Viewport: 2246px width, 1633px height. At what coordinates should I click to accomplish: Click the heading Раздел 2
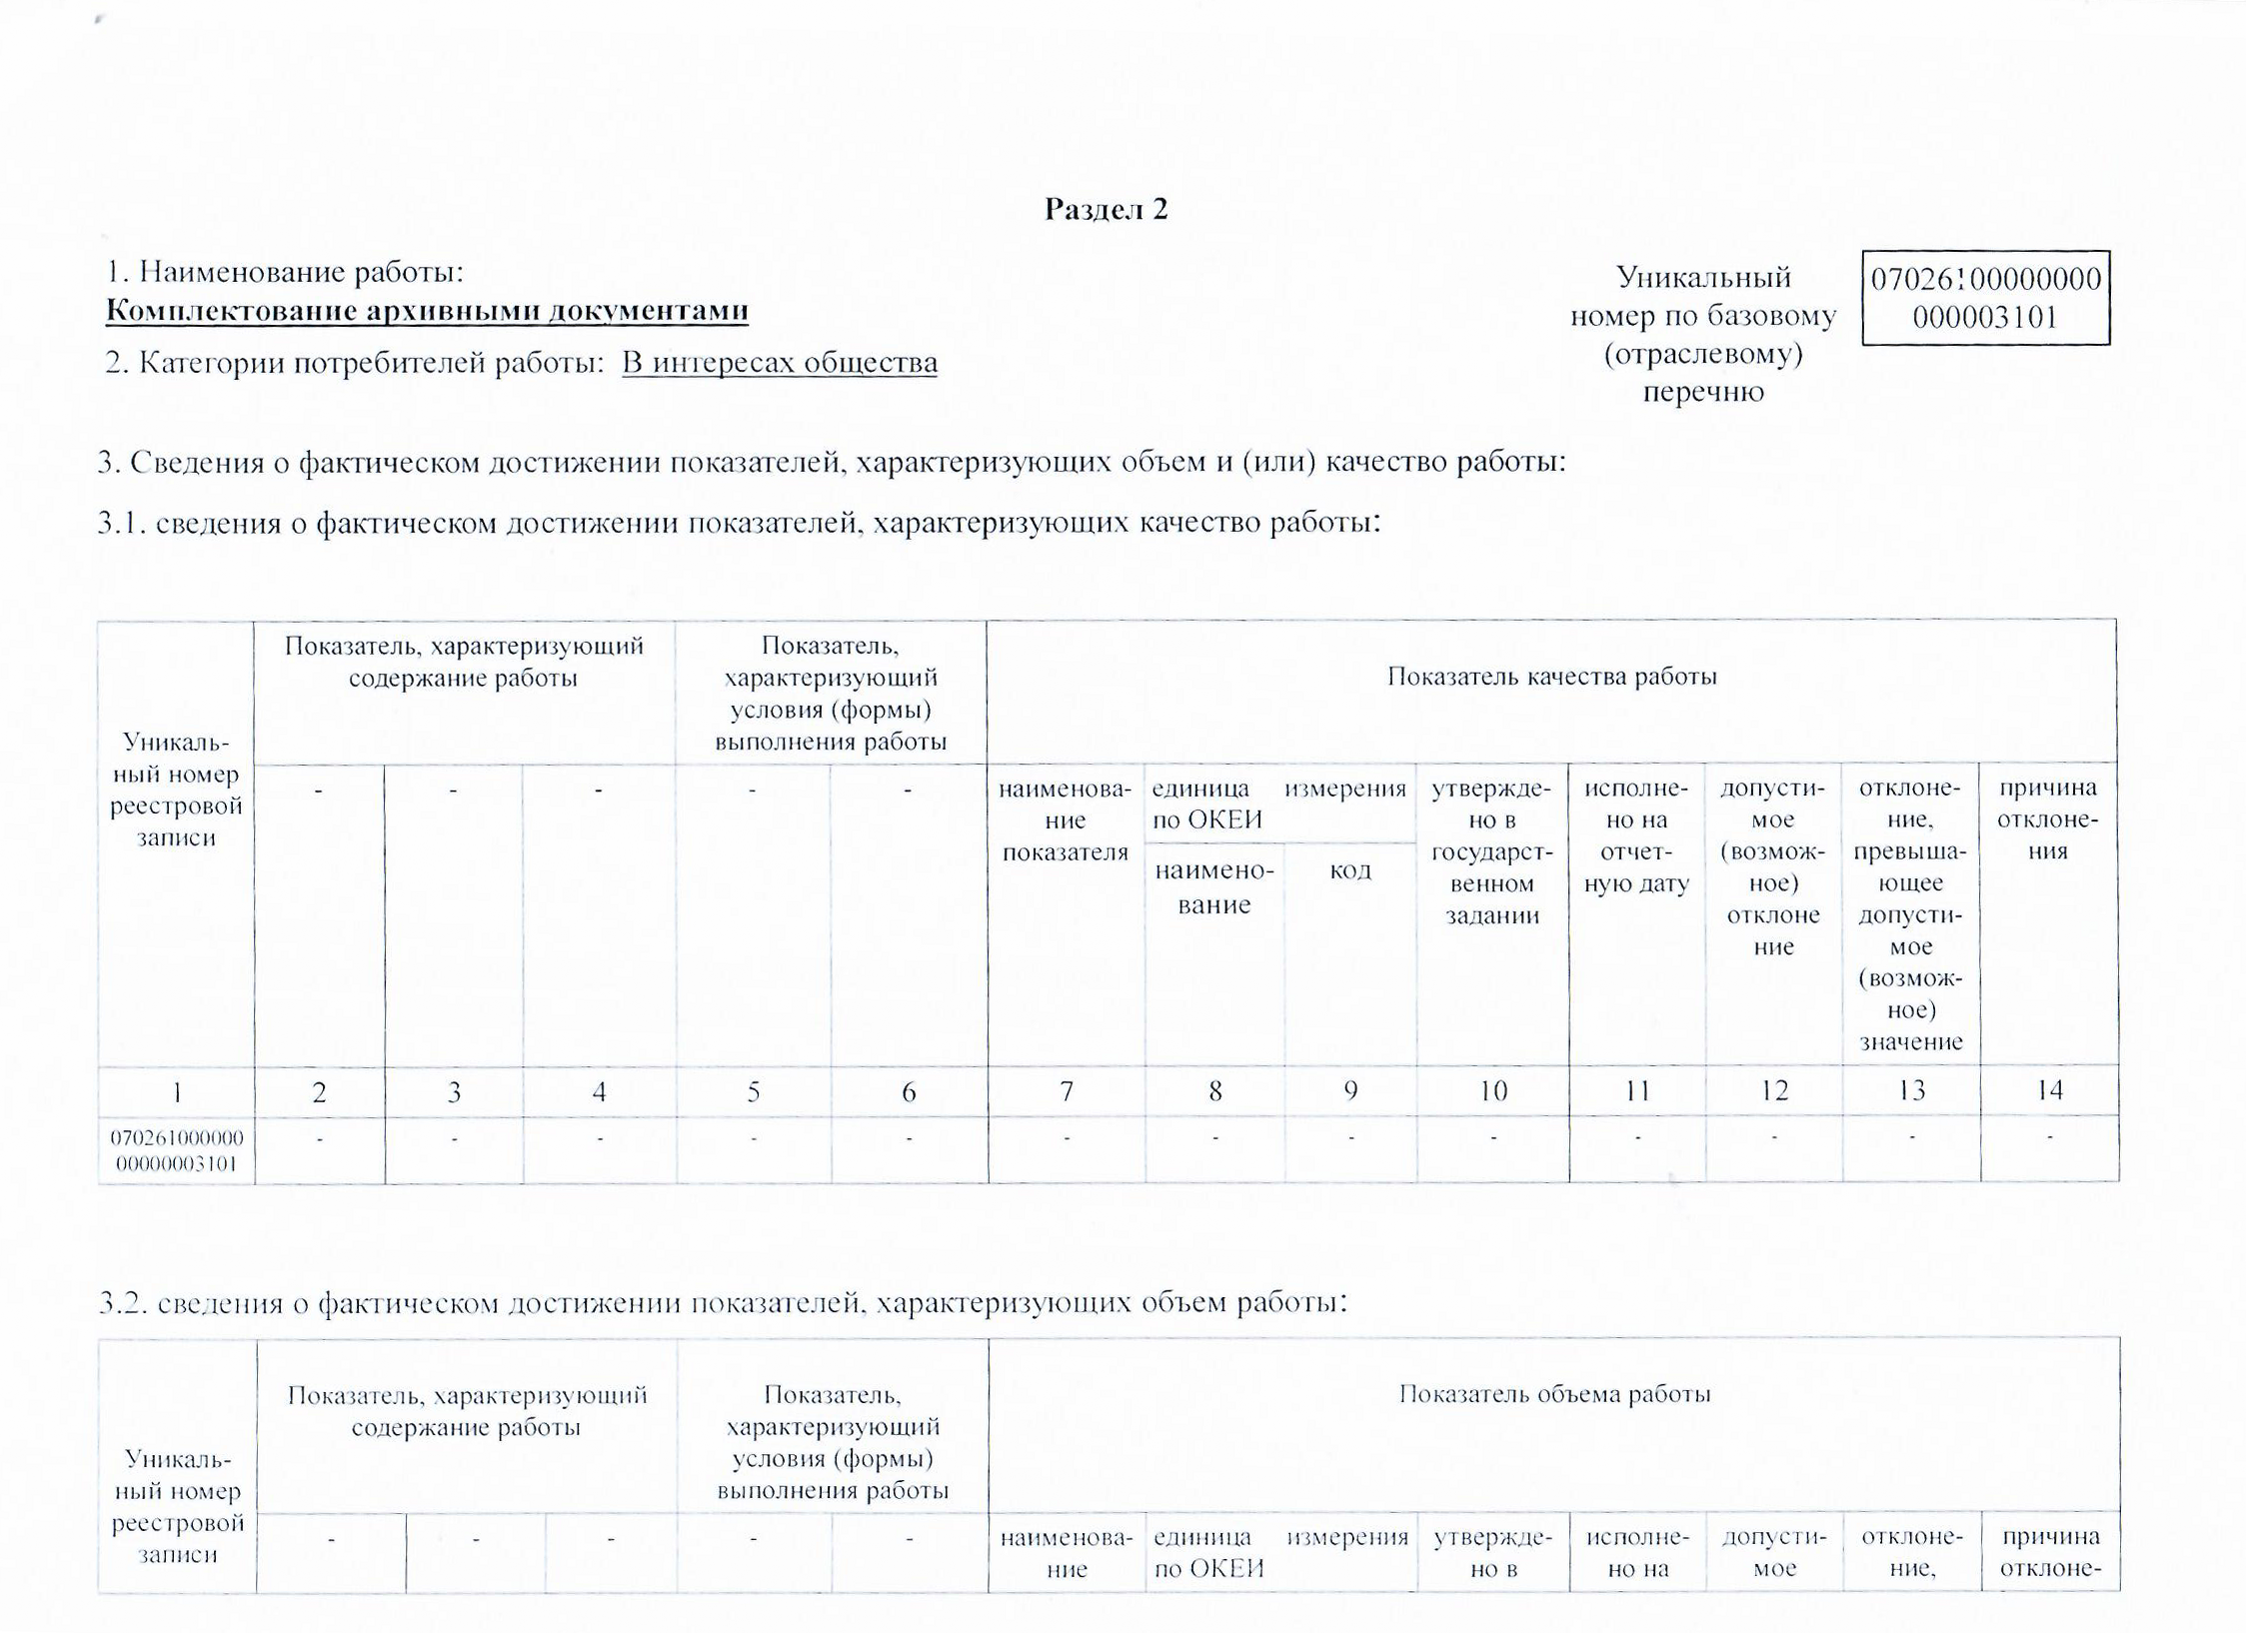pyautogui.click(x=1106, y=210)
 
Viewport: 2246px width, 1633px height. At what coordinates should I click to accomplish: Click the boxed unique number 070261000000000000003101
pyautogui.click(x=1985, y=298)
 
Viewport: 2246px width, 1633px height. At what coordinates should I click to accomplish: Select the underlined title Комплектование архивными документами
pyautogui.click(x=427, y=311)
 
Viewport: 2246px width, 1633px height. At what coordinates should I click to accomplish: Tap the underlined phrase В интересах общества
pyautogui.click(x=780, y=363)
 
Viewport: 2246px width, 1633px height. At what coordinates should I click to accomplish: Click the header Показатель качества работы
pyautogui.click(x=1551, y=677)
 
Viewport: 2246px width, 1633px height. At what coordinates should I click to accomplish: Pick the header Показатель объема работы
pyautogui.click(x=1554, y=1394)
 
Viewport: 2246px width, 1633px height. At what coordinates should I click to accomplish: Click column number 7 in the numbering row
pyautogui.click(x=1067, y=1091)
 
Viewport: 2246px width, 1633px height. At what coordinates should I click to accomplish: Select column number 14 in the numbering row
pyautogui.click(x=2049, y=1090)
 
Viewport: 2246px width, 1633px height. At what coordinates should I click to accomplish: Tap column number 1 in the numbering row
pyautogui.click(x=177, y=1092)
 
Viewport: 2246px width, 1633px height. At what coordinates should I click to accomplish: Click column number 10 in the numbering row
pyautogui.click(x=1492, y=1091)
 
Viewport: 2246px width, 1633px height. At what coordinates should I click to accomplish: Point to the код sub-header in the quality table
pyautogui.click(x=1349, y=870)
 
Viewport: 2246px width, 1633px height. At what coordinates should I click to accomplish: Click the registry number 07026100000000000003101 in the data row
pyautogui.click(x=177, y=1150)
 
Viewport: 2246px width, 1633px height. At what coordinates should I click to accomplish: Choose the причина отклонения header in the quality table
pyautogui.click(x=2047, y=819)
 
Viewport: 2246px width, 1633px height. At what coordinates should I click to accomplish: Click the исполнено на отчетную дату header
pyautogui.click(x=1636, y=835)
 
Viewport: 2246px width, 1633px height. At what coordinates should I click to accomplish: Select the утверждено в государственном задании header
pyautogui.click(x=1491, y=851)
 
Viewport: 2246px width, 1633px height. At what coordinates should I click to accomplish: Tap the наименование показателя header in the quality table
pyautogui.click(x=1066, y=819)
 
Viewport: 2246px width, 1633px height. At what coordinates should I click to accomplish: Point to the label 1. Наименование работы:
pyautogui.click(x=286, y=272)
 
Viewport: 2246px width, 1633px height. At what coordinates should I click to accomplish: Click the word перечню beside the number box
pyautogui.click(x=1703, y=392)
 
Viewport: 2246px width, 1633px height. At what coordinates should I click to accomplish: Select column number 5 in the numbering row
pyautogui.click(x=753, y=1091)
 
